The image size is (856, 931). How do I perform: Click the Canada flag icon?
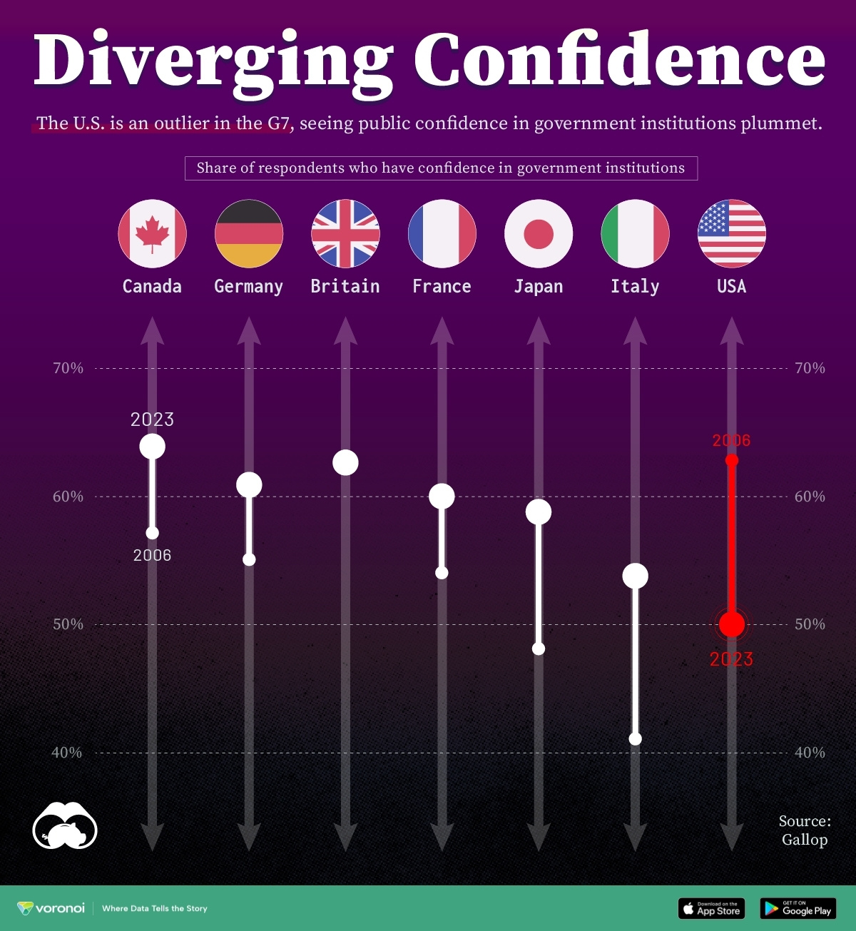(x=152, y=233)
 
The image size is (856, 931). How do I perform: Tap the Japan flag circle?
(x=539, y=233)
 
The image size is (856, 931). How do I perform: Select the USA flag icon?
(x=731, y=233)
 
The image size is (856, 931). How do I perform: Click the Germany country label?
(x=248, y=286)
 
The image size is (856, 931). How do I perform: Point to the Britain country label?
(x=345, y=286)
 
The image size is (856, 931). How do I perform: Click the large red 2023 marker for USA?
(x=732, y=624)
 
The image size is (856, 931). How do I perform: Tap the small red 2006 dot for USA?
(x=732, y=460)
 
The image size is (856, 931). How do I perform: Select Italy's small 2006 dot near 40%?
(x=636, y=739)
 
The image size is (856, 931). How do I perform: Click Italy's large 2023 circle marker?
(x=635, y=576)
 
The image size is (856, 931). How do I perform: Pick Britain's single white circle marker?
(x=345, y=462)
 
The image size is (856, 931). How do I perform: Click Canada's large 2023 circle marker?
(x=152, y=447)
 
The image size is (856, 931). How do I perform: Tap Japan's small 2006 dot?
(x=539, y=648)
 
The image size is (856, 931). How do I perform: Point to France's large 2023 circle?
(x=442, y=496)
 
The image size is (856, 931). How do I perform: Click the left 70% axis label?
(x=68, y=368)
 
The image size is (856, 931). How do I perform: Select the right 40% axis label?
(x=810, y=753)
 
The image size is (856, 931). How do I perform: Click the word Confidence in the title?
(x=619, y=60)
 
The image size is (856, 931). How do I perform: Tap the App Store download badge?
(x=711, y=908)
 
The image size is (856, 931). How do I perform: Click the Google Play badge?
(x=798, y=908)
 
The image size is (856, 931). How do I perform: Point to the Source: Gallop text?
(x=805, y=830)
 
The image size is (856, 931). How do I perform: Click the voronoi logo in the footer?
(x=51, y=908)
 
